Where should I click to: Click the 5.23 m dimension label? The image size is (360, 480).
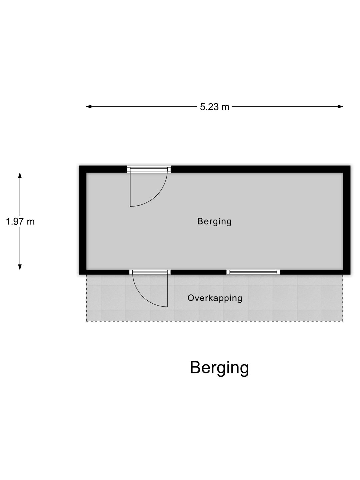215,107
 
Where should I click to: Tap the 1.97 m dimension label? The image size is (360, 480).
20,221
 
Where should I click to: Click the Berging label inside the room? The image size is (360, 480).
214,221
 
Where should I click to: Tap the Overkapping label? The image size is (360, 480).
215,298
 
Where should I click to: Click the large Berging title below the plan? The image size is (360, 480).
219,368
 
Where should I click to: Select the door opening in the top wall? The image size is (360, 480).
149,169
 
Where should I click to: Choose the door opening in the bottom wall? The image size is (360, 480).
150,272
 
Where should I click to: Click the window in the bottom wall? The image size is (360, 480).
253,272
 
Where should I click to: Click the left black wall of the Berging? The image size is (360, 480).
83,220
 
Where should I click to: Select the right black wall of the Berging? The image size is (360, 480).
347,220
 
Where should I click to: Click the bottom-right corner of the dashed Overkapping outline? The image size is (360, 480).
343,321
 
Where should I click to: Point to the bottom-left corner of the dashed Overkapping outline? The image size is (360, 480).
86,321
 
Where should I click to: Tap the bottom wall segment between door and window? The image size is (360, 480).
199,272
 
